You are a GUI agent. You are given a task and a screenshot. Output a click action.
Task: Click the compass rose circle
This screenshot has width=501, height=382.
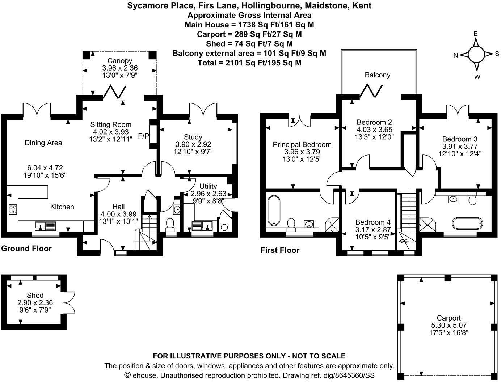(x=476, y=55)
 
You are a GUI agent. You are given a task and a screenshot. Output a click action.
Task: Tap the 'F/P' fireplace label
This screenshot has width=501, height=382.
(x=143, y=136)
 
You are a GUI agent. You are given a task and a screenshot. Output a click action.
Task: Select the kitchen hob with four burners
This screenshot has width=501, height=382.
(x=13, y=209)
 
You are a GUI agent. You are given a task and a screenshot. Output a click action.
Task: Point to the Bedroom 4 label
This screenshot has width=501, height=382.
(x=373, y=222)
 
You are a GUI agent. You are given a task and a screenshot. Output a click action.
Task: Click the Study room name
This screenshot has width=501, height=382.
(x=193, y=137)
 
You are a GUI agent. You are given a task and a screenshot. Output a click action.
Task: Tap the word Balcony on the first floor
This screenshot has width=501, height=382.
(x=377, y=75)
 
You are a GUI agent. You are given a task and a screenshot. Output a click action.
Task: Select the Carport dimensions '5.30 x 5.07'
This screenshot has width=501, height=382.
(x=448, y=325)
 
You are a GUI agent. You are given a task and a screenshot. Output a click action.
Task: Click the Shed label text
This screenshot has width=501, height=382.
(x=35, y=296)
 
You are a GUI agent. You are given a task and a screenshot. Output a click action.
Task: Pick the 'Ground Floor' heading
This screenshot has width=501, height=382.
(x=26, y=249)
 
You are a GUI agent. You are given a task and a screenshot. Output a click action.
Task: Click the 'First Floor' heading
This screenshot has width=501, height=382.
(x=280, y=250)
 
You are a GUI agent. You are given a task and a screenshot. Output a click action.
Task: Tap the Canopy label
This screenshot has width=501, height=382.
(x=120, y=61)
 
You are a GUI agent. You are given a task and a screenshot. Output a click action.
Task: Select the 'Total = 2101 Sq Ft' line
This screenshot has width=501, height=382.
(x=249, y=63)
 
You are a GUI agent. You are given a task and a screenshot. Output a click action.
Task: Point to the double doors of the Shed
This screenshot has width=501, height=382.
(x=71, y=302)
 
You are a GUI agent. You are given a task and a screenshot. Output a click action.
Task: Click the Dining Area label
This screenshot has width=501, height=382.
(x=43, y=143)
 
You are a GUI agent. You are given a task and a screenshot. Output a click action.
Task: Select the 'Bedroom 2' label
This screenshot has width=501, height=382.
(x=374, y=122)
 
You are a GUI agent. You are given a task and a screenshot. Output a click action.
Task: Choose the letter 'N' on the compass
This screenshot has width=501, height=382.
(x=456, y=55)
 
